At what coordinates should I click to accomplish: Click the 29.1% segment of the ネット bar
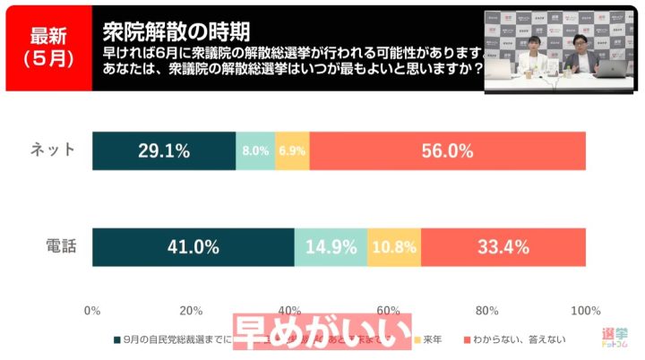164,150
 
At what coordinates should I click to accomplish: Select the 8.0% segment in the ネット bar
255,150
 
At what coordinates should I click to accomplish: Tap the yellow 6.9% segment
292,150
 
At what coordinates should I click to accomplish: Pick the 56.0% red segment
447,150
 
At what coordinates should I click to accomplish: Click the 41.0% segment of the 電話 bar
193,247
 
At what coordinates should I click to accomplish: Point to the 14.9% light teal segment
331,247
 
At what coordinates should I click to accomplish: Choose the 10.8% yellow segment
394,247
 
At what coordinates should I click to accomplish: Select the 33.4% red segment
503,247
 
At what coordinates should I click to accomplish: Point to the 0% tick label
91,311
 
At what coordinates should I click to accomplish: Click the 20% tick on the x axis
191,311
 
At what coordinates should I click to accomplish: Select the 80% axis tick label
486,311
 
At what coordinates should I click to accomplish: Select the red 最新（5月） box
47,47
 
